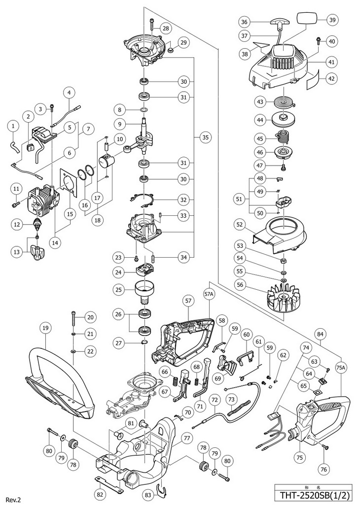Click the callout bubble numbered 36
(x=244, y=22)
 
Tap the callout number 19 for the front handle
(x=45, y=328)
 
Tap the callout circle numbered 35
(x=205, y=137)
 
